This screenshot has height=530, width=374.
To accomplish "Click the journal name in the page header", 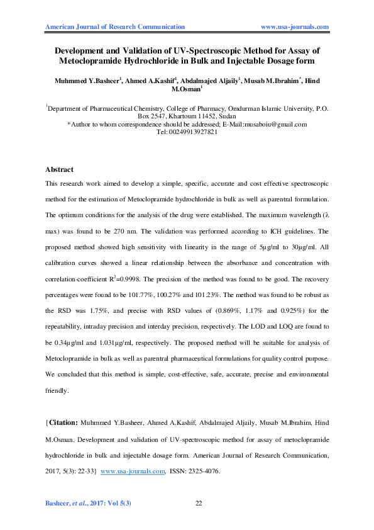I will pyautogui.click(x=116, y=27).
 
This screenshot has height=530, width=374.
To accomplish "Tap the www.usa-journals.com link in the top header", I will pyautogui.click(x=295, y=27).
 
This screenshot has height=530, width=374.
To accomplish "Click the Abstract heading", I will pyautogui.click(x=60, y=170).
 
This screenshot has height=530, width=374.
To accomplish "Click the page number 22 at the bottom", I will pyautogui.click(x=199, y=503).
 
